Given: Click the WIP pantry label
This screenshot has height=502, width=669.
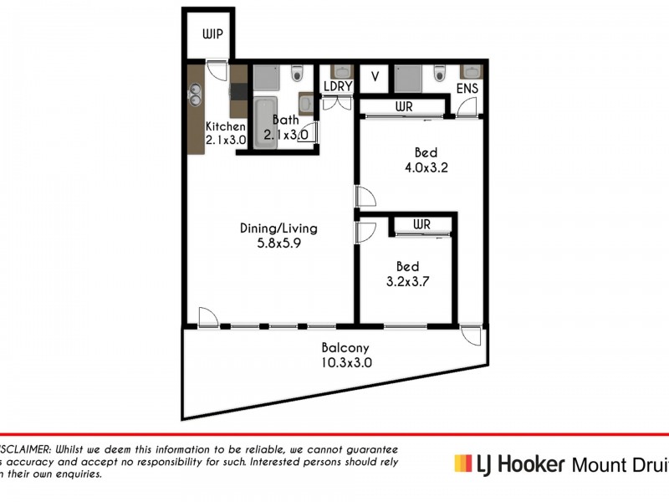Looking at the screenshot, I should tap(210, 36).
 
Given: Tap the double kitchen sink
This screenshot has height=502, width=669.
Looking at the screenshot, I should tap(197, 94).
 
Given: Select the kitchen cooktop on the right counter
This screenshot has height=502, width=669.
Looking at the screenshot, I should tap(238, 91).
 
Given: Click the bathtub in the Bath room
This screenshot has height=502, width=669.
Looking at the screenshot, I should tap(263, 124).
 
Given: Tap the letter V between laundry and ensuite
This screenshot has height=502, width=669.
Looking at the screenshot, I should tap(375, 77).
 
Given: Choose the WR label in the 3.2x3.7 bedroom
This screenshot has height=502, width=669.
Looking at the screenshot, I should tap(421, 224).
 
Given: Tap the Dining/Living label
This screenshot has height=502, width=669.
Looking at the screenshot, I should tap(278, 228).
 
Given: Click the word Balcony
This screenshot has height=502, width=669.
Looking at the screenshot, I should tap(345, 348).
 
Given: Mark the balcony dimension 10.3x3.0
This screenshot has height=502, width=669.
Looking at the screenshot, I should tap(345, 363).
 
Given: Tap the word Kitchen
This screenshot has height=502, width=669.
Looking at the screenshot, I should tap(226, 126).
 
